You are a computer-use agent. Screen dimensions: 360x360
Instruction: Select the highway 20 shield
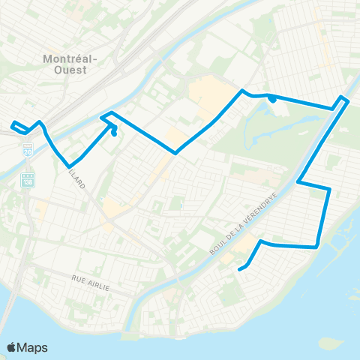click(28, 151)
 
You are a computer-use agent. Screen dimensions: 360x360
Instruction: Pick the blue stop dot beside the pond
click(272, 98)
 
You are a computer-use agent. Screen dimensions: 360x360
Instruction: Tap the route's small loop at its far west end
click(15, 125)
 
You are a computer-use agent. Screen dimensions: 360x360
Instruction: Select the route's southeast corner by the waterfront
click(319, 245)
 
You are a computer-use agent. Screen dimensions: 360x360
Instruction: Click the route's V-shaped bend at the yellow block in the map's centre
click(176, 153)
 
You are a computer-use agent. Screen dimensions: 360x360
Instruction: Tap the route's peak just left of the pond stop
click(241, 91)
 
